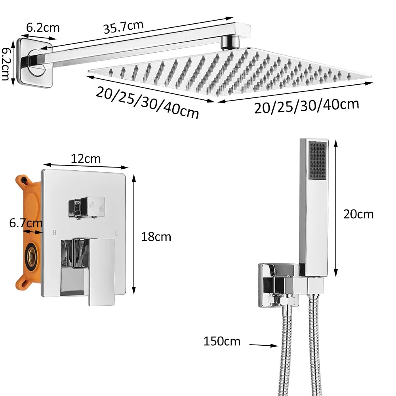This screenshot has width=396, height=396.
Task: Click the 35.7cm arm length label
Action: click(123, 28)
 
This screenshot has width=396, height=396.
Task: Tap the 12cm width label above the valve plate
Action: click(86, 158)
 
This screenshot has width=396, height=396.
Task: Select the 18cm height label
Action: click(156, 237)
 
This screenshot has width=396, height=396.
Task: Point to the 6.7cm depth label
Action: click(26, 223)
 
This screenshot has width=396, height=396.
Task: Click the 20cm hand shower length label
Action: click(358, 214)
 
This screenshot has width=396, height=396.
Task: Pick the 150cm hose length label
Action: click(222, 341)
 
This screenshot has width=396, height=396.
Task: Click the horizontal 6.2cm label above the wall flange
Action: click(43, 27)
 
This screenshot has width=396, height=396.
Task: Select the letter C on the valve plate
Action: click(116, 233)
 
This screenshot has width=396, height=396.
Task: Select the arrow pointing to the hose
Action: click(263, 345)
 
